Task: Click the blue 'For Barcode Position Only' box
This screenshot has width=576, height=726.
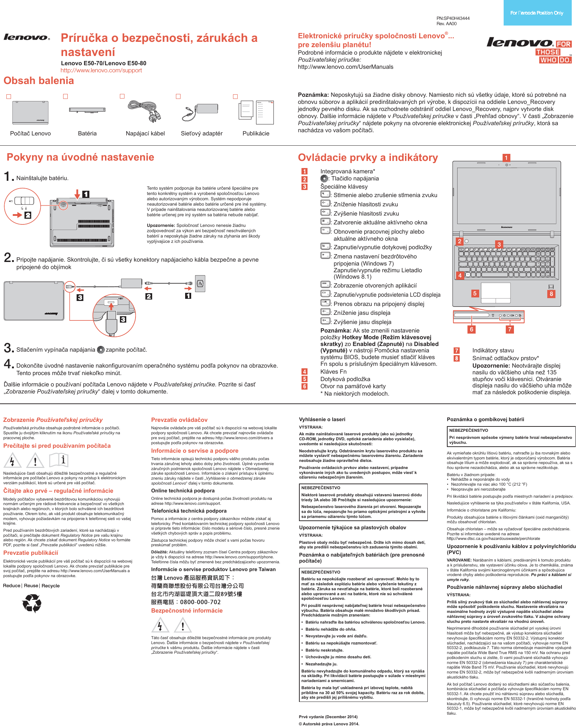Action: (537, 13)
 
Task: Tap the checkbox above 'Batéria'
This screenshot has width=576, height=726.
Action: (65, 96)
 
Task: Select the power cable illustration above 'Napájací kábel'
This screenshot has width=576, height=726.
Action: (145, 111)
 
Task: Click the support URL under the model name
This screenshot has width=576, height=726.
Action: (101, 70)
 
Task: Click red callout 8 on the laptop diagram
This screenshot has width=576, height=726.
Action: (551, 294)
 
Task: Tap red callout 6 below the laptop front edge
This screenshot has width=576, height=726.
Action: (471, 329)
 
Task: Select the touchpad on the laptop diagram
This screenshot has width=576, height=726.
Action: (496, 293)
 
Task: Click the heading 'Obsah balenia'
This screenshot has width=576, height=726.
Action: (39, 81)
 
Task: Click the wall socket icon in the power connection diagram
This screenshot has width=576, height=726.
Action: (200, 283)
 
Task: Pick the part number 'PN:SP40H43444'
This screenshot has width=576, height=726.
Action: (453, 18)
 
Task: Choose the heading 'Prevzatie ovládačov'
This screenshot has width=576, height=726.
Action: (179, 420)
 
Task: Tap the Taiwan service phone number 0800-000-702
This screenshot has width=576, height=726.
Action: (200, 602)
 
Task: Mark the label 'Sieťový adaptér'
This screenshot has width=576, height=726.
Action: (201, 134)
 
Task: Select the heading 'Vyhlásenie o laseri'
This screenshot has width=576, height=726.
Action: (322, 419)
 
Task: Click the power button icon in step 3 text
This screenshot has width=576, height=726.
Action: (101, 350)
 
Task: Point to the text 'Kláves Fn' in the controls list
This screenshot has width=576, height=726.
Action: (333, 372)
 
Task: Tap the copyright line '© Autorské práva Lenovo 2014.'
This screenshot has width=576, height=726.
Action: (329, 724)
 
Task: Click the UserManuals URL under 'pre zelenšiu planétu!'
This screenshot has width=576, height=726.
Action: (345, 67)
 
